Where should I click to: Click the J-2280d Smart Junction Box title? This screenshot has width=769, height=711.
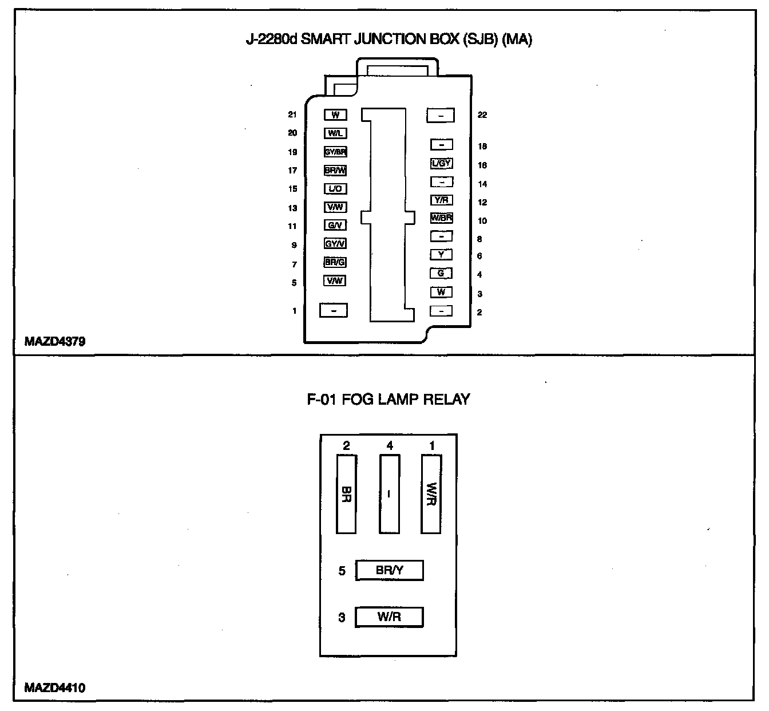[389, 40]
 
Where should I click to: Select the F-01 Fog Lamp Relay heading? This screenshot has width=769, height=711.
[388, 400]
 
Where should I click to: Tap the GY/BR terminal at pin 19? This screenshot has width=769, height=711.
[335, 152]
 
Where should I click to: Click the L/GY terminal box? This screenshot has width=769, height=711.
[441, 164]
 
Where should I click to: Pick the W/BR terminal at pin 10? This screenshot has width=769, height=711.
[441, 218]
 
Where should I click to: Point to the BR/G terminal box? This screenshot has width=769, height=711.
[335, 263]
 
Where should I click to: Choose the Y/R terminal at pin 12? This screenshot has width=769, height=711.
[441, 200]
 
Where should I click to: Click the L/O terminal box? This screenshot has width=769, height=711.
[335, 189]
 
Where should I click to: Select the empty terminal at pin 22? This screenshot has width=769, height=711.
[440, 116]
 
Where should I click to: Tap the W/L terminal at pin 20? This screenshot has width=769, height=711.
[335, 133]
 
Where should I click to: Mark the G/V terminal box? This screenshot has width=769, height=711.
[335, 226]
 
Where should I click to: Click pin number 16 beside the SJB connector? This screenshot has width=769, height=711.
[482, 165]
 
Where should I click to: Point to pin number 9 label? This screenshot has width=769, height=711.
[294, 246]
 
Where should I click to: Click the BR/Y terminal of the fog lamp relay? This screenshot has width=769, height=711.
[389, 571]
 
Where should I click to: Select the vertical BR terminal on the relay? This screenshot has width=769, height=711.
[347, 494]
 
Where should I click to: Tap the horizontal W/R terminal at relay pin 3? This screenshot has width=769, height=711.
[389, 617]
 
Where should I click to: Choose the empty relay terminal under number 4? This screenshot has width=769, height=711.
[389, 494]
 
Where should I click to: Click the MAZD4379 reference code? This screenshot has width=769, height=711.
[55, 342]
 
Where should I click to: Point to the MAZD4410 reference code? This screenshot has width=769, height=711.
[55, 688]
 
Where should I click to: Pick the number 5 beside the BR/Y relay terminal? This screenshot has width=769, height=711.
[342, 571]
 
